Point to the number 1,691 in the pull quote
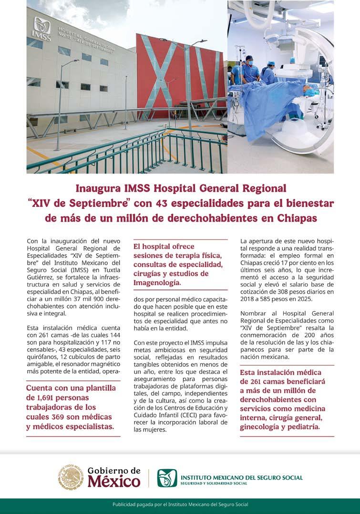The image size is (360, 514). pyautogui.click(x=45, y=398)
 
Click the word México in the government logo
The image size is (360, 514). pyautogui.click(x=114, y=482)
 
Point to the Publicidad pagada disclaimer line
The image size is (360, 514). pyautogui.click(x=180, y=504)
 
